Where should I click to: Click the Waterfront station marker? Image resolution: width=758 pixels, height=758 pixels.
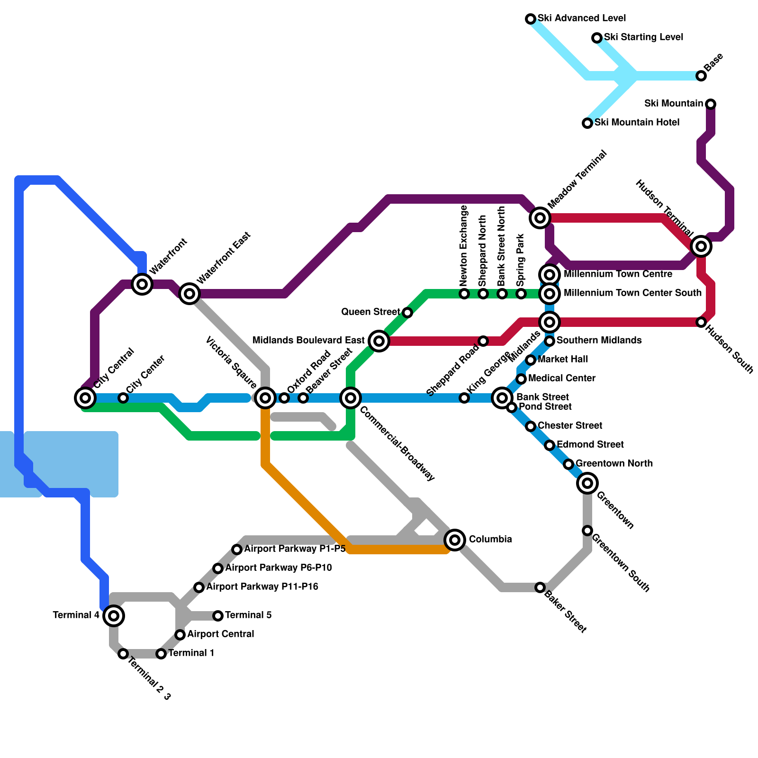142,284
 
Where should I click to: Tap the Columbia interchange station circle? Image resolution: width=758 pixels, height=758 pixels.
455,540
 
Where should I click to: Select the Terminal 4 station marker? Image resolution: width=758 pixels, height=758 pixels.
114,616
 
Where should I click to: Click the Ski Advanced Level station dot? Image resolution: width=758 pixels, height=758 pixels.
531,19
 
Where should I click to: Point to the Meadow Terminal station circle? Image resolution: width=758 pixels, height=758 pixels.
540,218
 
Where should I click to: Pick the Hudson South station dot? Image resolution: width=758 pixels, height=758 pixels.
701,322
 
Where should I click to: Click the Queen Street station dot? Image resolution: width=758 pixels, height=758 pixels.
407,313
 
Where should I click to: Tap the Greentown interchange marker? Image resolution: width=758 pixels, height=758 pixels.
587,483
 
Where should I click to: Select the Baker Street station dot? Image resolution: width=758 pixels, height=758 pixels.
540,587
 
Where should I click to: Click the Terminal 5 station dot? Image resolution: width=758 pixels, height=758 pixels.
218,616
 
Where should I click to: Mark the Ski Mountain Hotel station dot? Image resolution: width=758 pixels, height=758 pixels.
587,123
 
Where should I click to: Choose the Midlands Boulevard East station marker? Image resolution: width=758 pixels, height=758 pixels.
379,341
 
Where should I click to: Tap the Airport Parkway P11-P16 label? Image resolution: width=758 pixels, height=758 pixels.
262,587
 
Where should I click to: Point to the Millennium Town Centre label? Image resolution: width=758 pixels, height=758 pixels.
618,274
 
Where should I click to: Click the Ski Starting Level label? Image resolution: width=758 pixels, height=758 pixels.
643,37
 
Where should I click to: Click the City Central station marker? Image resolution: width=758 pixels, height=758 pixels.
85,398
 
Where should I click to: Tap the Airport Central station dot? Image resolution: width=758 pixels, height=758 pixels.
180,635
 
